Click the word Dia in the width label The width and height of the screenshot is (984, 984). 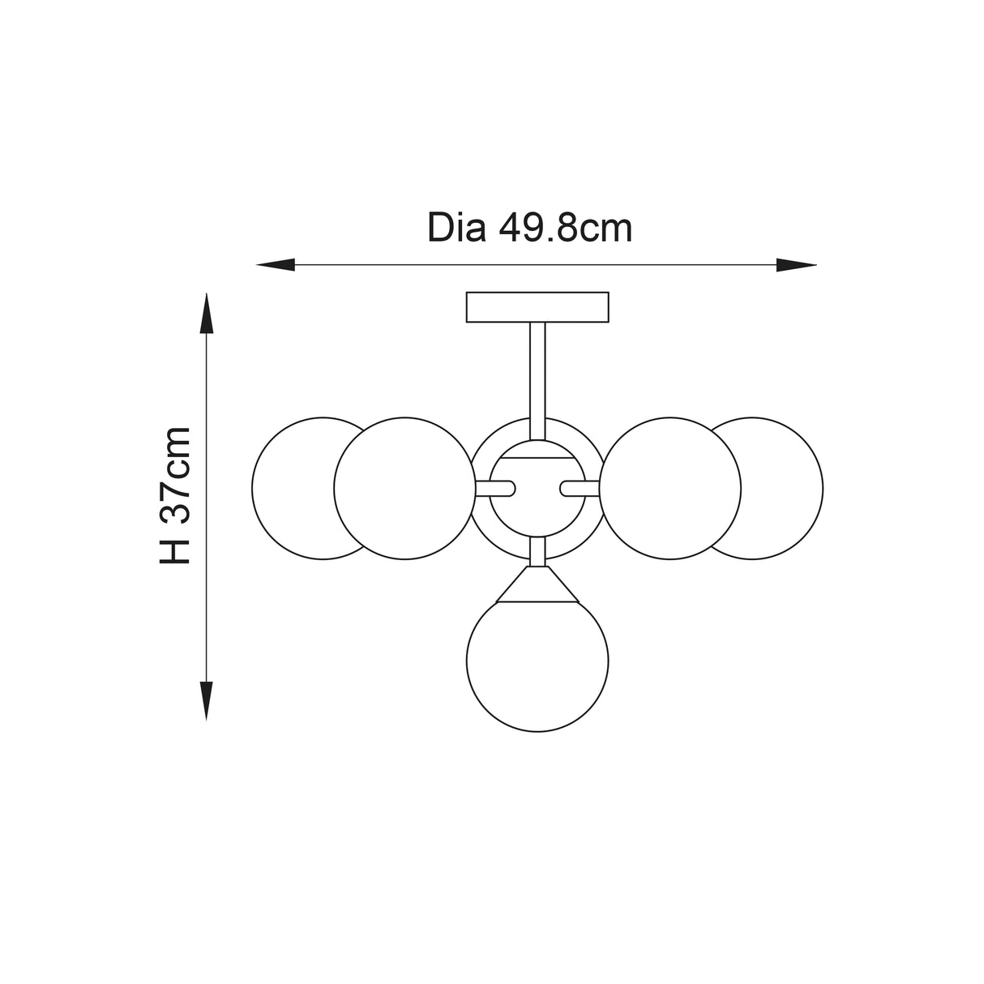456,229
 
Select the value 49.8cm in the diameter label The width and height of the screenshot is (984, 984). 565,229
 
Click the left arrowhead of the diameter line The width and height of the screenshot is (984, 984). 274,264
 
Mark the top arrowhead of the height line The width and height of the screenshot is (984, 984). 207,313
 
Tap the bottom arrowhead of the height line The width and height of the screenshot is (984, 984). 207,700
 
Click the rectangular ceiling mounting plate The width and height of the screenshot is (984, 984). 537,307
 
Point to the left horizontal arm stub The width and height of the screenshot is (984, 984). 495,488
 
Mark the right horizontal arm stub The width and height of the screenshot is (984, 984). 580,488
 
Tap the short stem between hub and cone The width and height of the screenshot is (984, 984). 537,552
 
